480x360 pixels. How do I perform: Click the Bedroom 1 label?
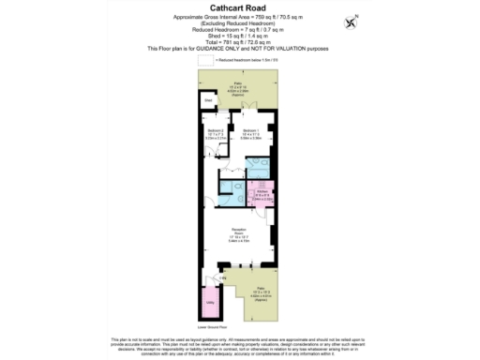tap(249, 132)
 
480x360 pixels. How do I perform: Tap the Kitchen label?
tap(264, 192)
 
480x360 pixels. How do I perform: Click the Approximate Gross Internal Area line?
tap(240, 18)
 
